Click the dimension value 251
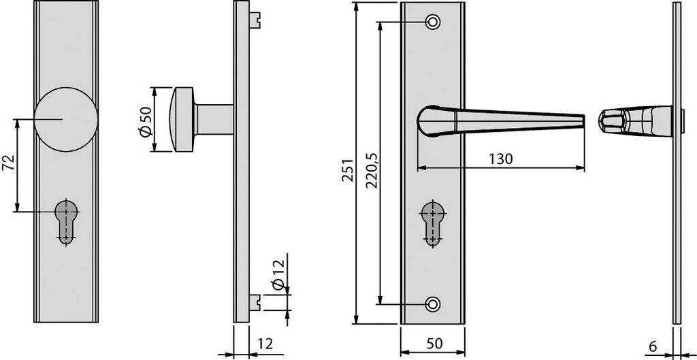[348, 169]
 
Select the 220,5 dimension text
[372, 171]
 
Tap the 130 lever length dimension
[500, 159]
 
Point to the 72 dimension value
[9, 163]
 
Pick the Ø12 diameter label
[278, 275]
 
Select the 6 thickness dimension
[653, 346]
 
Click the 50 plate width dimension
[435, 344]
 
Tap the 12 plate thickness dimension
[265, 344]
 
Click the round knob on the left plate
[66, 120]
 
